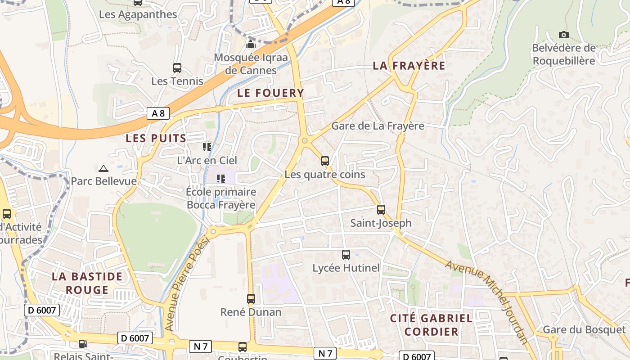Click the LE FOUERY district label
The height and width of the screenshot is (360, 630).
click(x=270, y=93)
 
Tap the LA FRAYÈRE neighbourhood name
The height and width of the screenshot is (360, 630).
click(x=409, y=66)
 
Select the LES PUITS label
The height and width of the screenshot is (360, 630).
click(x=156, y=138)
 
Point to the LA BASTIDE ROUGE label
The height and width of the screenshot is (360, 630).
click(x=87, y=283)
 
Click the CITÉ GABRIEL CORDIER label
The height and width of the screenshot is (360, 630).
click(x=431, y=325)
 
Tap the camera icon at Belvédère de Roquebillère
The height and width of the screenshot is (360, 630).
click(x=563, y=35)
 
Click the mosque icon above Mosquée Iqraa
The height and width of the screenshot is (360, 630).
click(x=251, y=44)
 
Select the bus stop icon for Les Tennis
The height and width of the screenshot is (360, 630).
click(x=177, y=68)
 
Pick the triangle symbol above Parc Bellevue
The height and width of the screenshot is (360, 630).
click(x=103, y=168)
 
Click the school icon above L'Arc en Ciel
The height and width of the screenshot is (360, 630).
click(x=207, y=147)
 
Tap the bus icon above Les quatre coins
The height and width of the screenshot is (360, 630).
click(x=325, y=161)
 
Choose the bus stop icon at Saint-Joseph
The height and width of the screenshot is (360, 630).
click(x=381, y=209)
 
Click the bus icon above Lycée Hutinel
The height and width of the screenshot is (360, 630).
click(x=346, y=255)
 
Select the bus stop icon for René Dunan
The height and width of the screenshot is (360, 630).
click(x=251, y=298)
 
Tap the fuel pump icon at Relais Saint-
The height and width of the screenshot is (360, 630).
click(x=83, y=344)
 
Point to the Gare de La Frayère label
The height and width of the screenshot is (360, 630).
click(x=378, y=126)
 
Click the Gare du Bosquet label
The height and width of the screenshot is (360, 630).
click(x=584, y=330)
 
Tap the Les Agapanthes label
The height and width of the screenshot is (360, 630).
click(x=138, y=14)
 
